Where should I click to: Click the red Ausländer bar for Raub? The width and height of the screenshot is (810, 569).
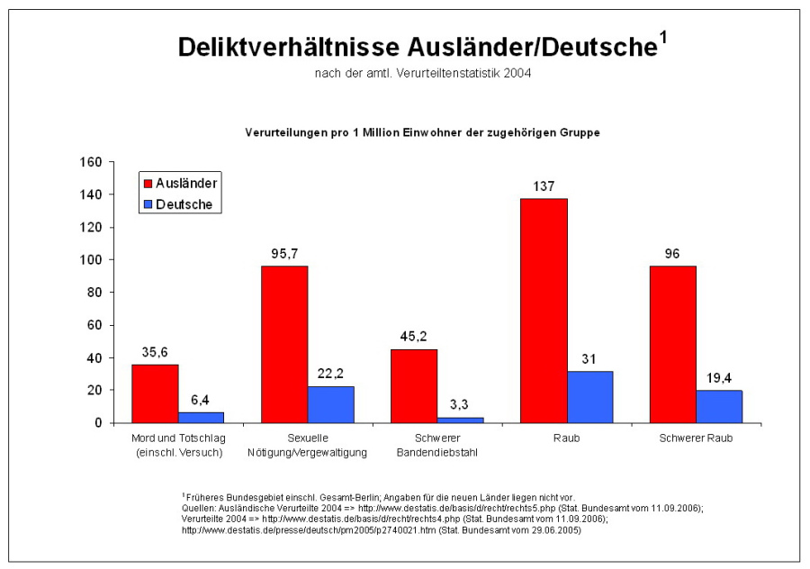click(x=544, y=311)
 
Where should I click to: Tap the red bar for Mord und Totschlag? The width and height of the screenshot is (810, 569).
click(x=155, y=393)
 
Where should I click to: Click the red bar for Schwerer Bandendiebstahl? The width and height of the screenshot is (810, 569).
click(x=413, y=386)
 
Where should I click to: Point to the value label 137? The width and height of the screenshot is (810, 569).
click(x=543, y=186)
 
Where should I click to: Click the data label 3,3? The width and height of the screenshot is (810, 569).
click(x=460, y=405)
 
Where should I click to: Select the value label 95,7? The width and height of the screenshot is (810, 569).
click(x=284, y=254)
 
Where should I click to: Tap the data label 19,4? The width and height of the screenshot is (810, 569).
click(x=718, y=378)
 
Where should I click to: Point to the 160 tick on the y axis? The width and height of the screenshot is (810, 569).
click(x=93, y=162)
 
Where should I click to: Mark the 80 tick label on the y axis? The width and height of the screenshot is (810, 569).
click(x=96, y=293)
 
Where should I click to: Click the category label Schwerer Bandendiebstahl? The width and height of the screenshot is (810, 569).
click(x=436, y=446)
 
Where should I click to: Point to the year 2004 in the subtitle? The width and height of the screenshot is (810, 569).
click(x=517, y=73)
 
